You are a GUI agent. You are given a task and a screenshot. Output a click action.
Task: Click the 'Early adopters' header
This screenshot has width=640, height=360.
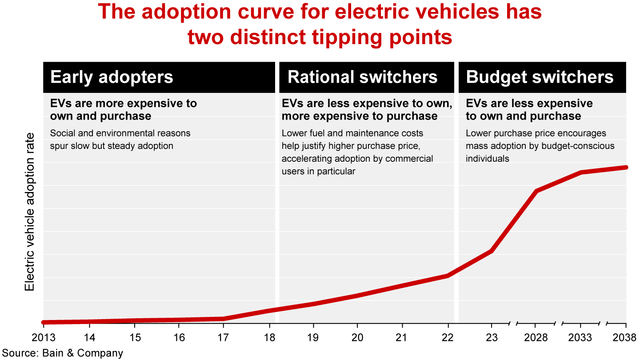click(112, 77)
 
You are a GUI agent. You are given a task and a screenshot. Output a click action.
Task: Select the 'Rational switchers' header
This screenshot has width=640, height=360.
click(362, 77)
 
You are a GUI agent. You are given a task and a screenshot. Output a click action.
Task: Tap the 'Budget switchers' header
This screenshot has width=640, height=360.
click(540, 77)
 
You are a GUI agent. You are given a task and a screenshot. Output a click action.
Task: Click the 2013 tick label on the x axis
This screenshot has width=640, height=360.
click(44, 337)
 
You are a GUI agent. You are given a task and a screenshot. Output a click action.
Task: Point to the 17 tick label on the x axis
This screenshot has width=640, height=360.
click(223, 337)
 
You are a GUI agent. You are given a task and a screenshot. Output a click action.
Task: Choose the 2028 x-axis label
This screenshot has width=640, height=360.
click(536, 337)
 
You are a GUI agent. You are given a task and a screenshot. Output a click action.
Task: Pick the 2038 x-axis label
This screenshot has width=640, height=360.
click(626, 337)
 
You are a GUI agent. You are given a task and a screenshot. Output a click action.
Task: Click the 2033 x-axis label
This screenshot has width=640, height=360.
click(581, 337)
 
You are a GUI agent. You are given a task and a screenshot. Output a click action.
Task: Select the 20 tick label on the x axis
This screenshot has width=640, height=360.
click(357, 337)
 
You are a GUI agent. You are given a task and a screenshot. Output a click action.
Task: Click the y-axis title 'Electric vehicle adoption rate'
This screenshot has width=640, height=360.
click(30, 212)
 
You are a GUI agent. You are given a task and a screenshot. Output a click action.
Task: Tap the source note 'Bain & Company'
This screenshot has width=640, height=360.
click(82, 353)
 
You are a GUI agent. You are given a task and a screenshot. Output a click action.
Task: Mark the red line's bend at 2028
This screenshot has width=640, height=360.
click(536, 191)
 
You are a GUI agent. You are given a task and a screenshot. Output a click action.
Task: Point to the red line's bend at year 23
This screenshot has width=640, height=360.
click(491, 251)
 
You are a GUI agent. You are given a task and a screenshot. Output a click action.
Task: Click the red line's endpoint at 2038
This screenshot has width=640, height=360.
click(626, 167)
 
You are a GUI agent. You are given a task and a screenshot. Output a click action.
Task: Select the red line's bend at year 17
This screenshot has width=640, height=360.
click(223, 319)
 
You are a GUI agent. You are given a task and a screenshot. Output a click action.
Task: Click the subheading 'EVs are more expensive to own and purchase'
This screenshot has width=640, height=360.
click(124, 110)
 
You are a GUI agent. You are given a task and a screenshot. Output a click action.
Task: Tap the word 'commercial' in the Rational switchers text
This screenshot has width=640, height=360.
click(411, 159)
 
